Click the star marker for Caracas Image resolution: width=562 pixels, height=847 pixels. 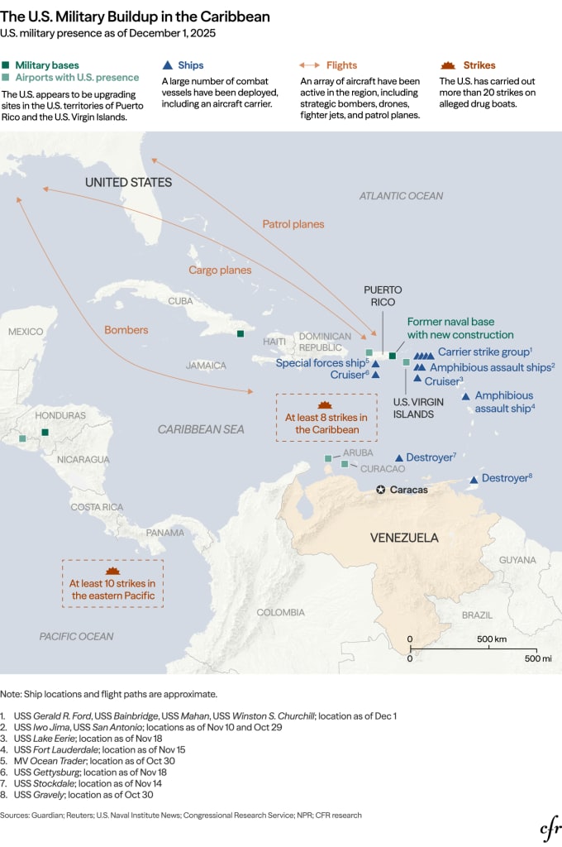click(380, 490)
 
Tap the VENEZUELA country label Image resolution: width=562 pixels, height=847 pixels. click(403, 538)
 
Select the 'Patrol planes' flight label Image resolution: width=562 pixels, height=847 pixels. click(293, 224)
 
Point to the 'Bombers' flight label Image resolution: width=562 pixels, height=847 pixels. click(126, 330)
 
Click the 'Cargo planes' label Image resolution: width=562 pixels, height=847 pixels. click(220, 270)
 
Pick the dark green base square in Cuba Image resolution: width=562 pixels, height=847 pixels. click(240, 334)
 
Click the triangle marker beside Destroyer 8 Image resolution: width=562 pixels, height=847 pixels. click(474, 480)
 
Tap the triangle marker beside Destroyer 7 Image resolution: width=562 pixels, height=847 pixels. click(399, 457)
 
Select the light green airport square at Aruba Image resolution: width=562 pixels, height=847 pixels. click(328, 458)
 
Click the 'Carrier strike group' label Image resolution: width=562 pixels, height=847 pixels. click(484, 352)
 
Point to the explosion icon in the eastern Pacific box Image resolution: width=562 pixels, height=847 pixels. click(112, 572)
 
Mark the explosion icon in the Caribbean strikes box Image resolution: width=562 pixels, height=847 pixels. click(325, 405)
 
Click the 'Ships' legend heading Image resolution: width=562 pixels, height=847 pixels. click(190, 65)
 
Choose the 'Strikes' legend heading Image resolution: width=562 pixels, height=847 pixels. click(479, 65)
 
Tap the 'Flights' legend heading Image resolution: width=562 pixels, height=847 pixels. click(341, 65)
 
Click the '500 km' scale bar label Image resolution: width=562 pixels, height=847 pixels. click(491, 639)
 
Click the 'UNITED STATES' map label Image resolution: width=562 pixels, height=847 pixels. click(129, 182)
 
